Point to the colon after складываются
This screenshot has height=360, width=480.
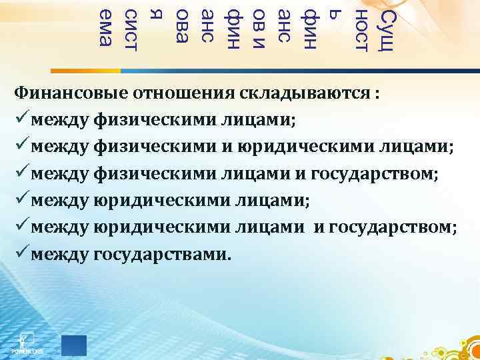point(378,93)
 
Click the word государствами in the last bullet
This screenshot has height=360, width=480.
point(165,255)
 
